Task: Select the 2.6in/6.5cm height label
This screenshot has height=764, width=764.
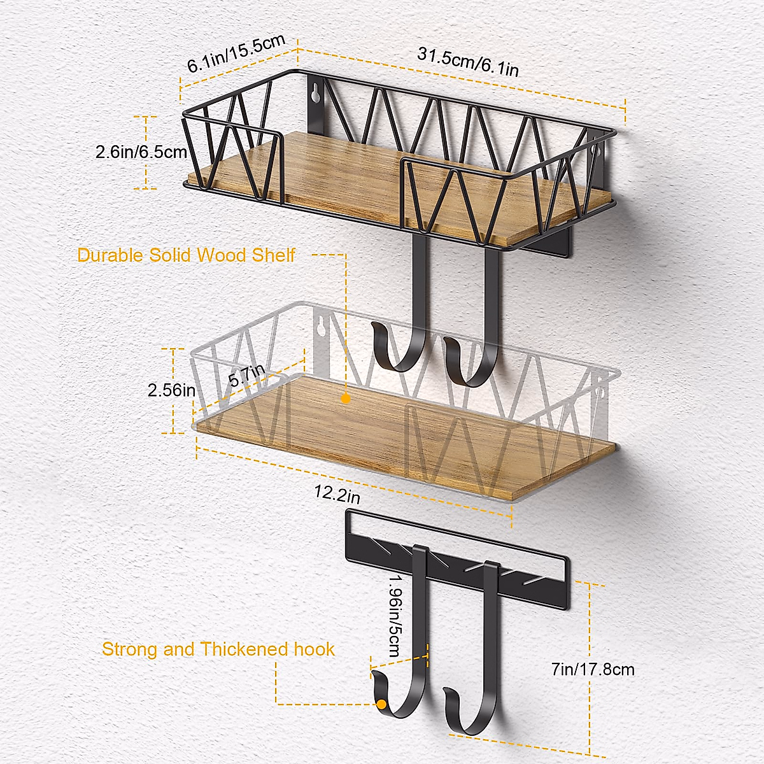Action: coord(141,152)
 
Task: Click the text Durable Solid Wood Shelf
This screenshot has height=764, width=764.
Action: coord(186,255)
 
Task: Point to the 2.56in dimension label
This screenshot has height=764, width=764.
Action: coord(171,390)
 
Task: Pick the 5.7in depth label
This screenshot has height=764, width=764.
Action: coord(247,376)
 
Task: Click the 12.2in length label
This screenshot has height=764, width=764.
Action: coord(337,493)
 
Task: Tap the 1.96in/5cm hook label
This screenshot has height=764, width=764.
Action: coord(393,616)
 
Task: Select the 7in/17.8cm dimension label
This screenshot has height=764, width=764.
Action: coord(593,669)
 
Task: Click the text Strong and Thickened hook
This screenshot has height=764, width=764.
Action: coord(218,649)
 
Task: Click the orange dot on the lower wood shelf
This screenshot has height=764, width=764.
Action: coord(345,399)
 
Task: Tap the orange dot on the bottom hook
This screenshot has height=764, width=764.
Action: coord(381,704)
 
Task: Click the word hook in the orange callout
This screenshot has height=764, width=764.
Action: coord(314,649)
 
